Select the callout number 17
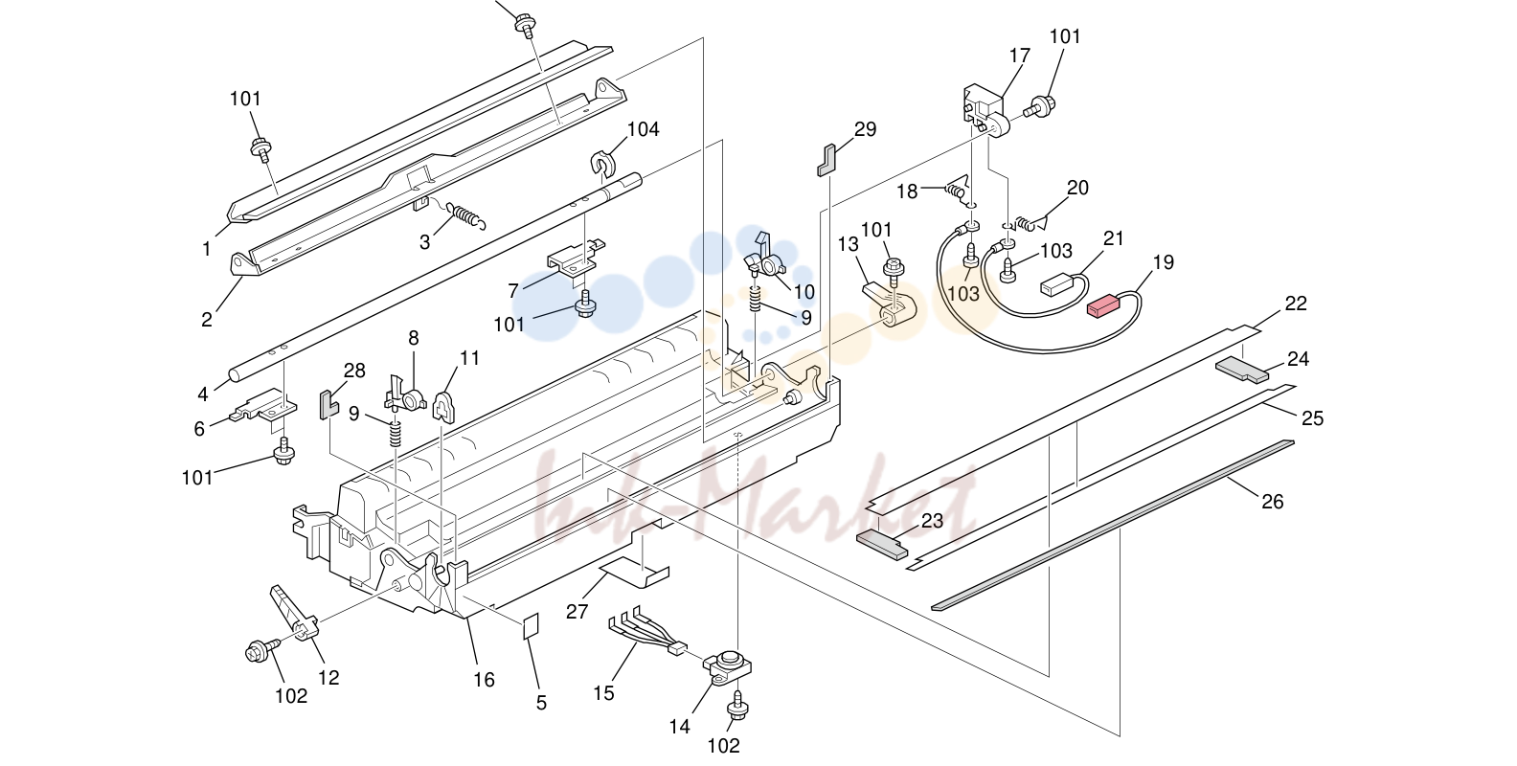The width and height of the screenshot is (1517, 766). (x=1019, y=56)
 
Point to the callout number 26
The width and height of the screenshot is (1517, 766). (x=1273, y=501)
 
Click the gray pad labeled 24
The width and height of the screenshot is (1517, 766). (x=1242, y=370)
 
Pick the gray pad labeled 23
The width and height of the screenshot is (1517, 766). (x=882, y=545)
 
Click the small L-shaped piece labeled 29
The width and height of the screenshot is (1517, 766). (x=826, y=160)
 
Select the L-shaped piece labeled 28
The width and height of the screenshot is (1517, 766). (x=328, y=404)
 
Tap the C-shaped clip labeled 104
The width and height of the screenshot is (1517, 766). (x=600, y=166)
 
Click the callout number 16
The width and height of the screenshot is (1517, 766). (x=484, y=679)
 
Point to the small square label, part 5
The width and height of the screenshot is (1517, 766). (x=531, y=626)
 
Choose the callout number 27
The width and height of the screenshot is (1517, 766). (x=577, y=612)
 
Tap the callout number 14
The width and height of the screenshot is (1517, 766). (x=679, y=726)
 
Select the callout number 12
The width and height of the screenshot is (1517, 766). (x=328, y=677)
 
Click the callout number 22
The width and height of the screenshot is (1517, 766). (x=1296, y=304)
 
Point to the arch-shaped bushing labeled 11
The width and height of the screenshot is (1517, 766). (x=442, y=406)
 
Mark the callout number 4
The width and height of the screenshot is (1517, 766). (x=202, y=394)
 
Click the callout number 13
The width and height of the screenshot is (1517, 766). (x=848, y=244)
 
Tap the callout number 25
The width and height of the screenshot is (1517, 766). (x=1312, y=417)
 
